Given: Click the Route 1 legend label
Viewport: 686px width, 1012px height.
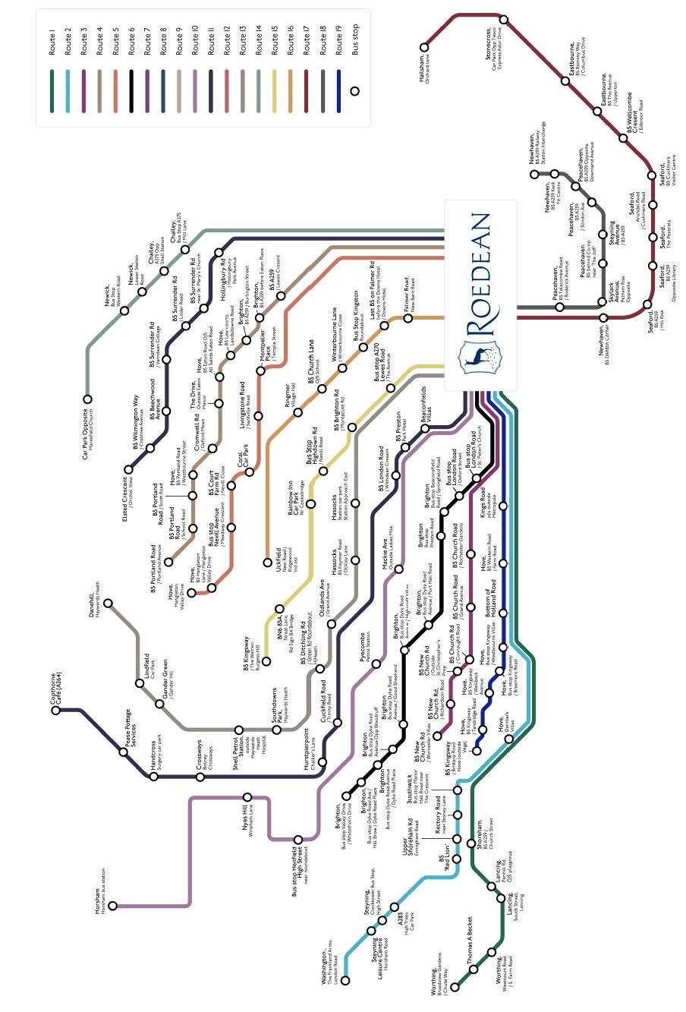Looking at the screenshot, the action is [52, 42].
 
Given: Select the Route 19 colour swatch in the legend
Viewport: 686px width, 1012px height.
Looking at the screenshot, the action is [339, 81].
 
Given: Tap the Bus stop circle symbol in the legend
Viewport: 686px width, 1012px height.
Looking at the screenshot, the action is [354, 91].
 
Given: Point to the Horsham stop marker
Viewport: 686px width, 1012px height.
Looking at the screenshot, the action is [113, 905].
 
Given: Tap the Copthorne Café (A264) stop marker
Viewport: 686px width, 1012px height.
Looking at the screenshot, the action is [56, 711].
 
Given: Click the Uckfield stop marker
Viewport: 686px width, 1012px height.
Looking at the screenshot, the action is [267, 563].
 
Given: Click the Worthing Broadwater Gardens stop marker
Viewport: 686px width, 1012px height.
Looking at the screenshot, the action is [456, 988].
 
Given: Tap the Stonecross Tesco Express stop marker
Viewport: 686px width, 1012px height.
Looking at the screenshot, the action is [504, 20].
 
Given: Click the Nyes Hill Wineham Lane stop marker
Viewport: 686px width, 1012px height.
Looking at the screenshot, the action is [247, 796].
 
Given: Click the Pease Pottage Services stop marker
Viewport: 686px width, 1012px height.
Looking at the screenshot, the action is [124, 752].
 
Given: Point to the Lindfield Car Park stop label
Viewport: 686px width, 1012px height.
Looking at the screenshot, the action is [149, 666].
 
